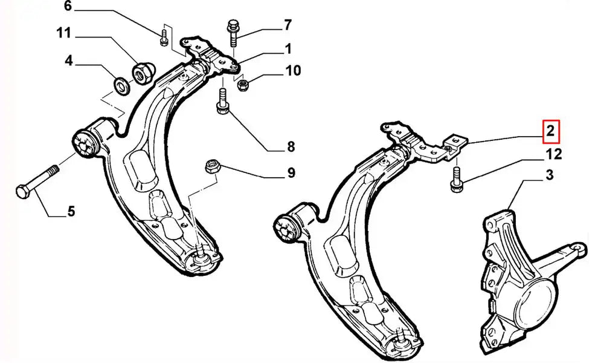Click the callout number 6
tap(68, 7)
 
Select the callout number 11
tap(64, 33)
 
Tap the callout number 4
tap(69, 60)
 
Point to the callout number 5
tap(71, 212)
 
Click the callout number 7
tap(288, 25)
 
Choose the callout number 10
tap(293, 71)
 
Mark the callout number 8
tap(291, 146)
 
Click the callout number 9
tap(291, 174)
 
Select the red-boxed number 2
tap(551, 131)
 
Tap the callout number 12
tap(554, 154)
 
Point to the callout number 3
tap(549, 176)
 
